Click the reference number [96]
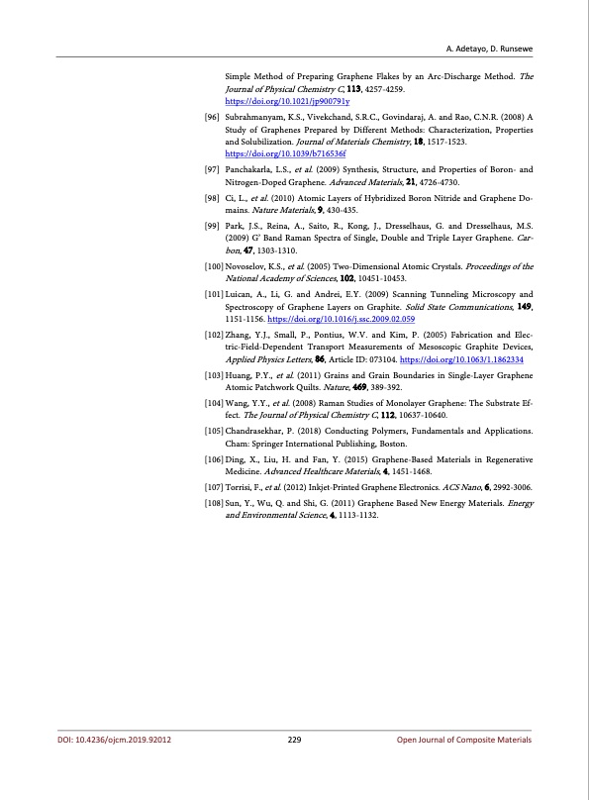click(211, 117)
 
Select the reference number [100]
click(211, 267)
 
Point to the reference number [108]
click(211, 502)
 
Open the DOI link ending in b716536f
click(285, 154)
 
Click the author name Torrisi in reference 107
click(242, 488)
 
